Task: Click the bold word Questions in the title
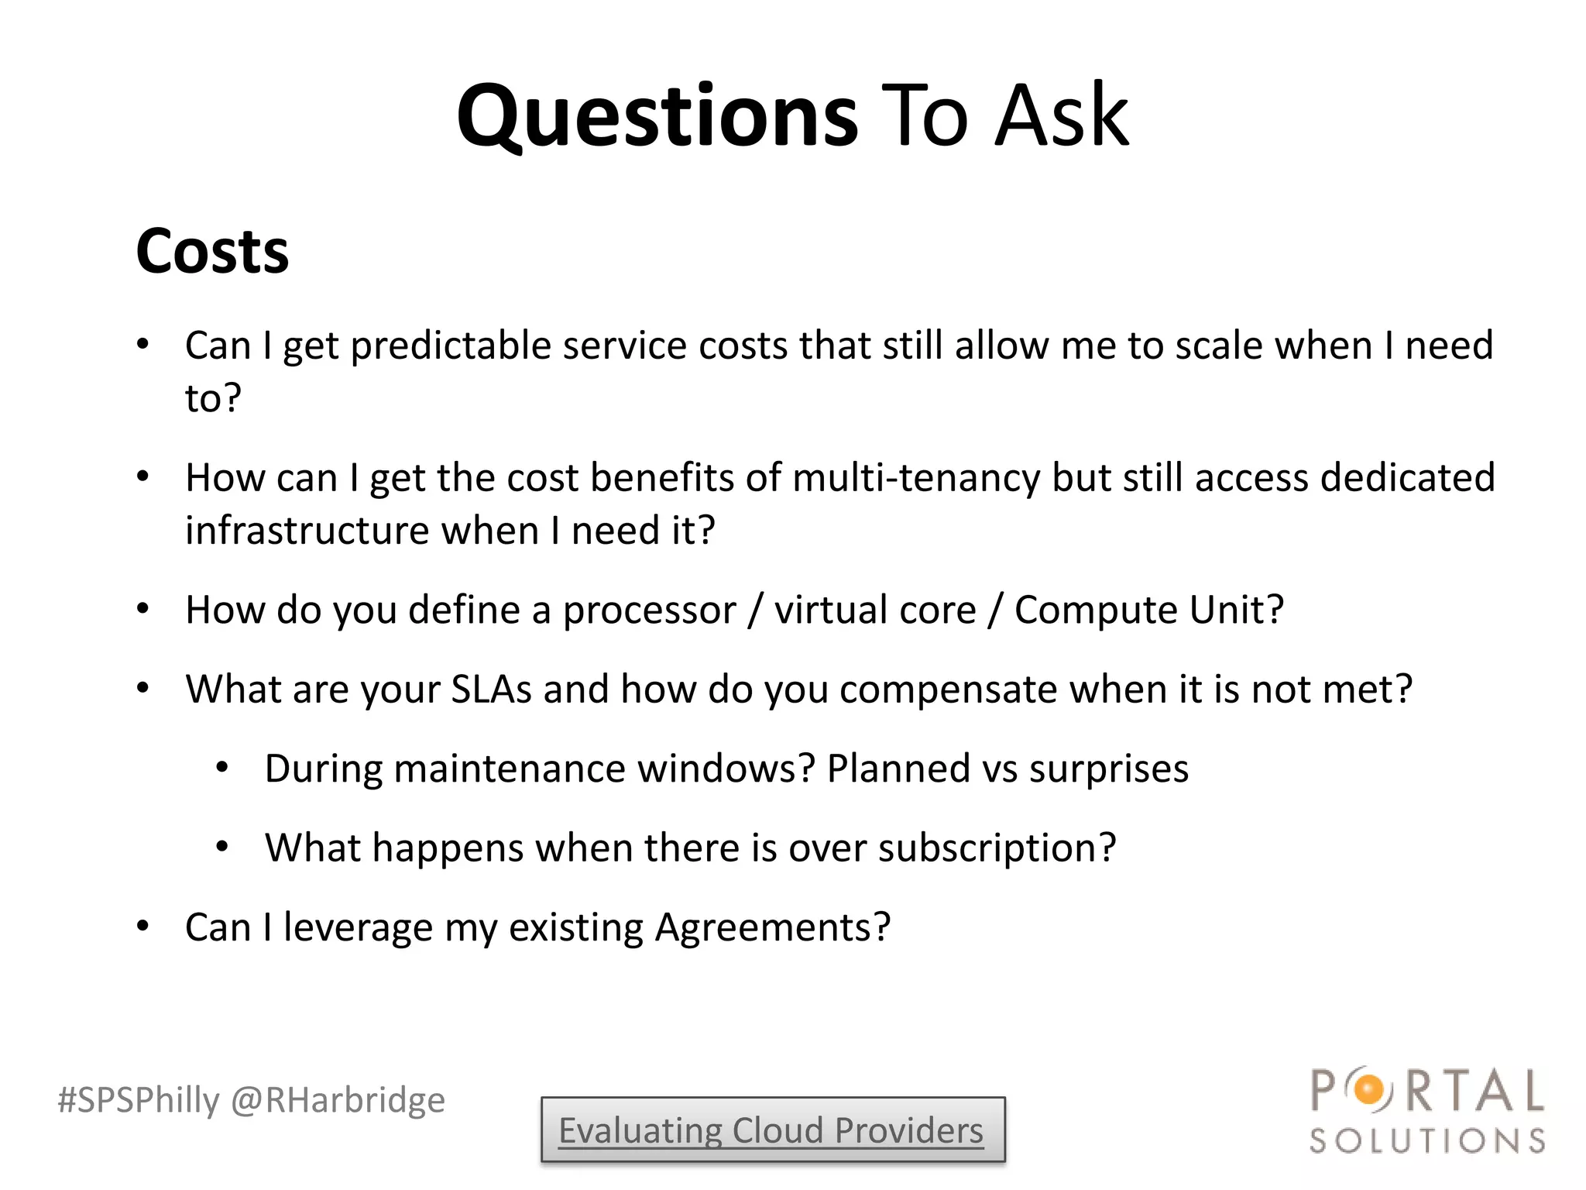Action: click(657, 116)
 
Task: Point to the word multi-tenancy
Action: click(916, 478)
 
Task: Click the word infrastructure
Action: click(307, 531)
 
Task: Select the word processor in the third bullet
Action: click(649, 610)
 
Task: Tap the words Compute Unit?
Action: click(1149, 610)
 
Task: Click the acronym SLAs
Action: click(491, 690)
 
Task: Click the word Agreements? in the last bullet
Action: click(772, 927)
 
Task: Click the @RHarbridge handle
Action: click(338, 1100)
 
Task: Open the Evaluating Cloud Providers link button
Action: click(772, 1130)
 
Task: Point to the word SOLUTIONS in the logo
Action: click(1427, 1141)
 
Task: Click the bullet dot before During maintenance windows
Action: click(222, 769)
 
